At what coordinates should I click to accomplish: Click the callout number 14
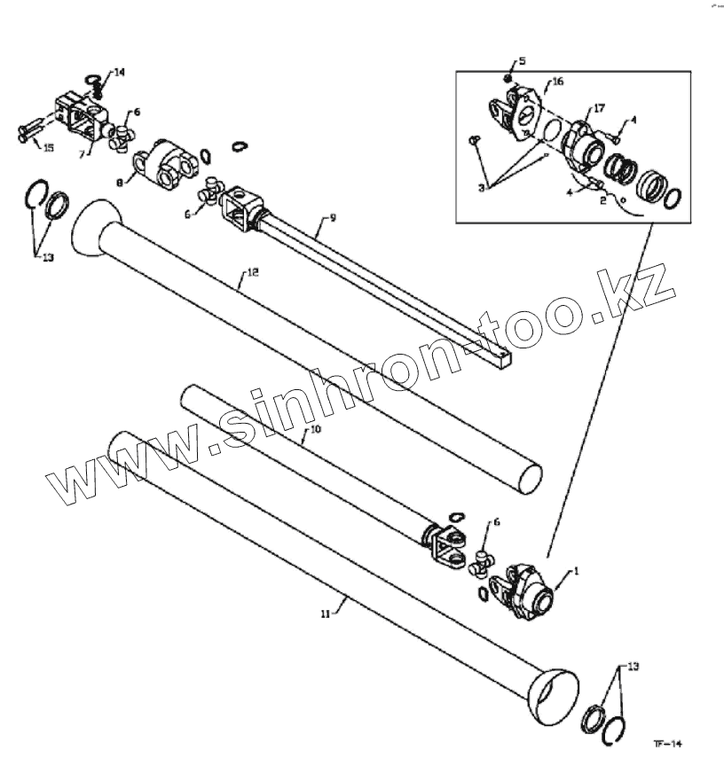120,71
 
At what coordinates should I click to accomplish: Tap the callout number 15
49,148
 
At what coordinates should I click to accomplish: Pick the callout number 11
325,613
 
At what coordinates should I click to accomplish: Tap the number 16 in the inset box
556,82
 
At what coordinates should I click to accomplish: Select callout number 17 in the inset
599,108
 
